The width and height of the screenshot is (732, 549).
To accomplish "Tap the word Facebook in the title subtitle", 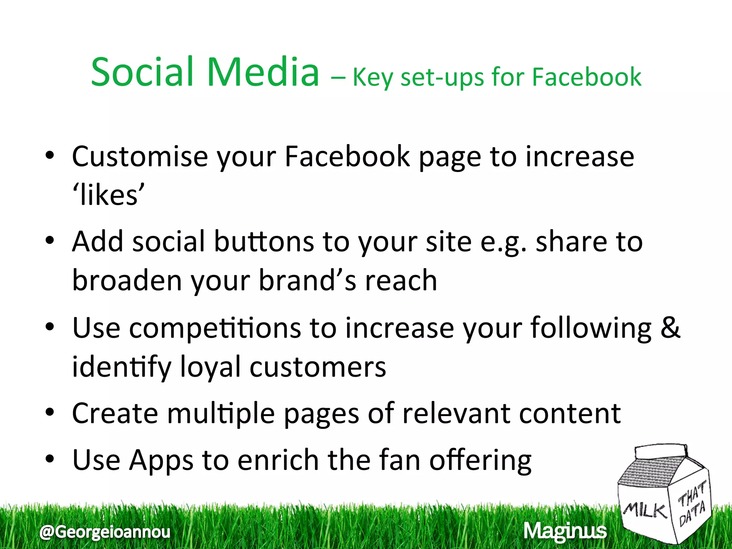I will (587, 77).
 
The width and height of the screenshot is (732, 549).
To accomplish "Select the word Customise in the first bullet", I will (140, 157).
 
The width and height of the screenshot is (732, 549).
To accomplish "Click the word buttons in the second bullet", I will (264, 242).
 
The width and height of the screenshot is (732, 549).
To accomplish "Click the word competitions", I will (215, 328).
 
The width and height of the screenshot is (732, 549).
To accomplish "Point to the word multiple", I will (221, 414).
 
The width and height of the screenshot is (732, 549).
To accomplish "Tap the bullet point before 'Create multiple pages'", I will (50, 412).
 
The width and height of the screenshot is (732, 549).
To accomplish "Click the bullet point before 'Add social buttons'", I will (50, 240).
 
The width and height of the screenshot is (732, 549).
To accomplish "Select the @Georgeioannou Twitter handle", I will (105, 532).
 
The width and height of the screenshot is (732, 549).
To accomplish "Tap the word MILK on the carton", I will (645, 510).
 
